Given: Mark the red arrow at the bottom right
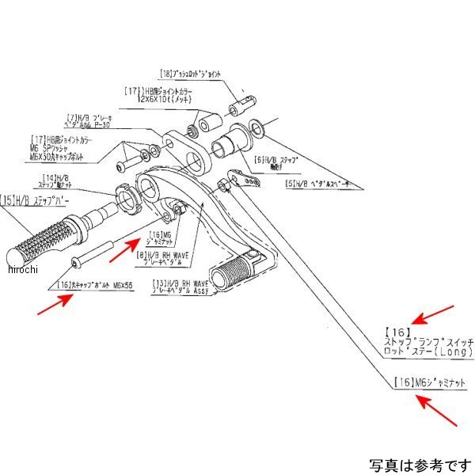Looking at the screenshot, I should coord(435,412).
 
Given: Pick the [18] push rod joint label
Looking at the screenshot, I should coord(190,74).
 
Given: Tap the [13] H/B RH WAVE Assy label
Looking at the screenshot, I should coord(181,286).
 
